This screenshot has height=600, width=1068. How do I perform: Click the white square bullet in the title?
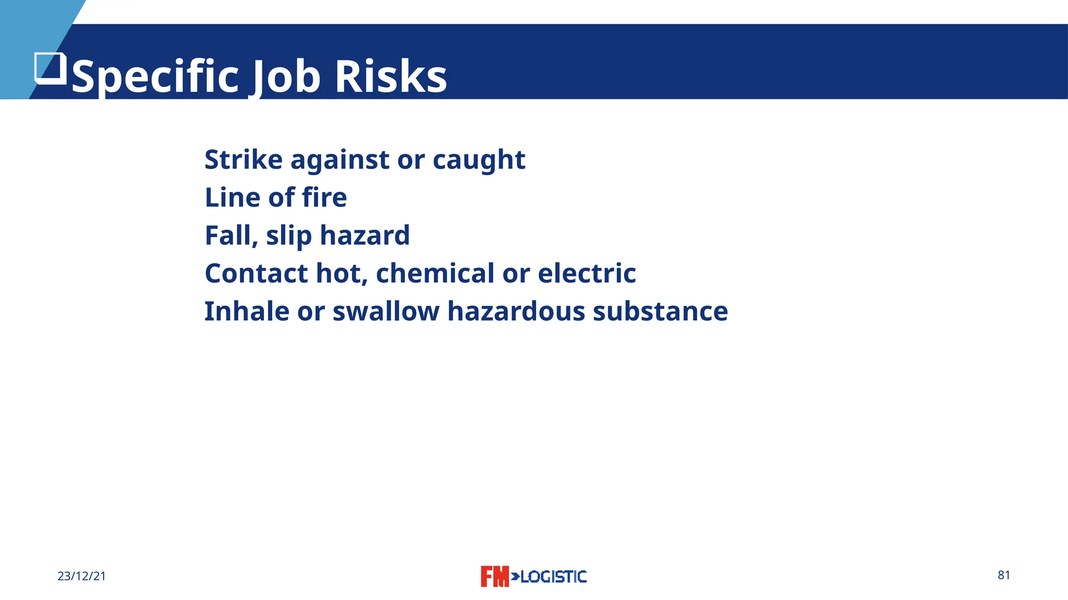click(51, 68)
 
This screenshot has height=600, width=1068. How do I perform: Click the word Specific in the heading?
click(155, 77)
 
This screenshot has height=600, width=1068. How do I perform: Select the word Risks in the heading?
click(391, 77)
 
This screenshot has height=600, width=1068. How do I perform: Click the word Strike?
click(244, 159)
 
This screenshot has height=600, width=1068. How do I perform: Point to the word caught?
click(479, 160)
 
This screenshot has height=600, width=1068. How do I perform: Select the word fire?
click(324, 197)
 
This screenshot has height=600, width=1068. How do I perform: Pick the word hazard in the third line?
click(365, 235)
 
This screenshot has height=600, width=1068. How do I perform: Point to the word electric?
click(587, 273)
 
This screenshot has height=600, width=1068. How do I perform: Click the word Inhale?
click(247, 311)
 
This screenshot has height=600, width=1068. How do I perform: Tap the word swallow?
click(386, 311)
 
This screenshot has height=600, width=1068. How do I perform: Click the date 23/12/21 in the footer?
click(82, 576)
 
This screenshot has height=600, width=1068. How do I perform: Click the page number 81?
click(1004, 575)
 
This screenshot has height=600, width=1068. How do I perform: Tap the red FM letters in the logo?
click(494, 577)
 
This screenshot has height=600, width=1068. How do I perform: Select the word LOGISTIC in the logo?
click(553, 577)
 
